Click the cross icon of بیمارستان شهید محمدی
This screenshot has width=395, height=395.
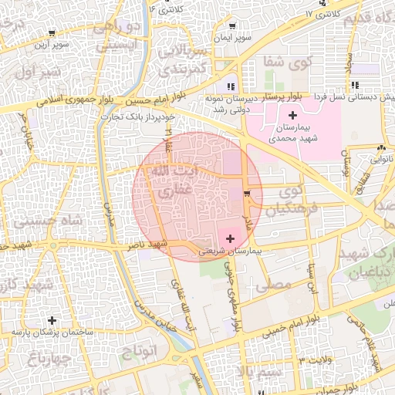(292, 115)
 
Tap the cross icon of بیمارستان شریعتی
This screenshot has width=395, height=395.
(230, 240)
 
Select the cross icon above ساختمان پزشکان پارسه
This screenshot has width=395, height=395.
(52, 320)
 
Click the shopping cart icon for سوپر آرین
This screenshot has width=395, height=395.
(51, 33)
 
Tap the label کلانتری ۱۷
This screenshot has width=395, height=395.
(321, 14)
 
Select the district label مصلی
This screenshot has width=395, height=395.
(278, 285)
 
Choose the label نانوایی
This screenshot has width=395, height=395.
(380, 159)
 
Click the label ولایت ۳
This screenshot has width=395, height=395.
(318, 360)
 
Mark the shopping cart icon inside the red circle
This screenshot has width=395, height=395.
(246, 193)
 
